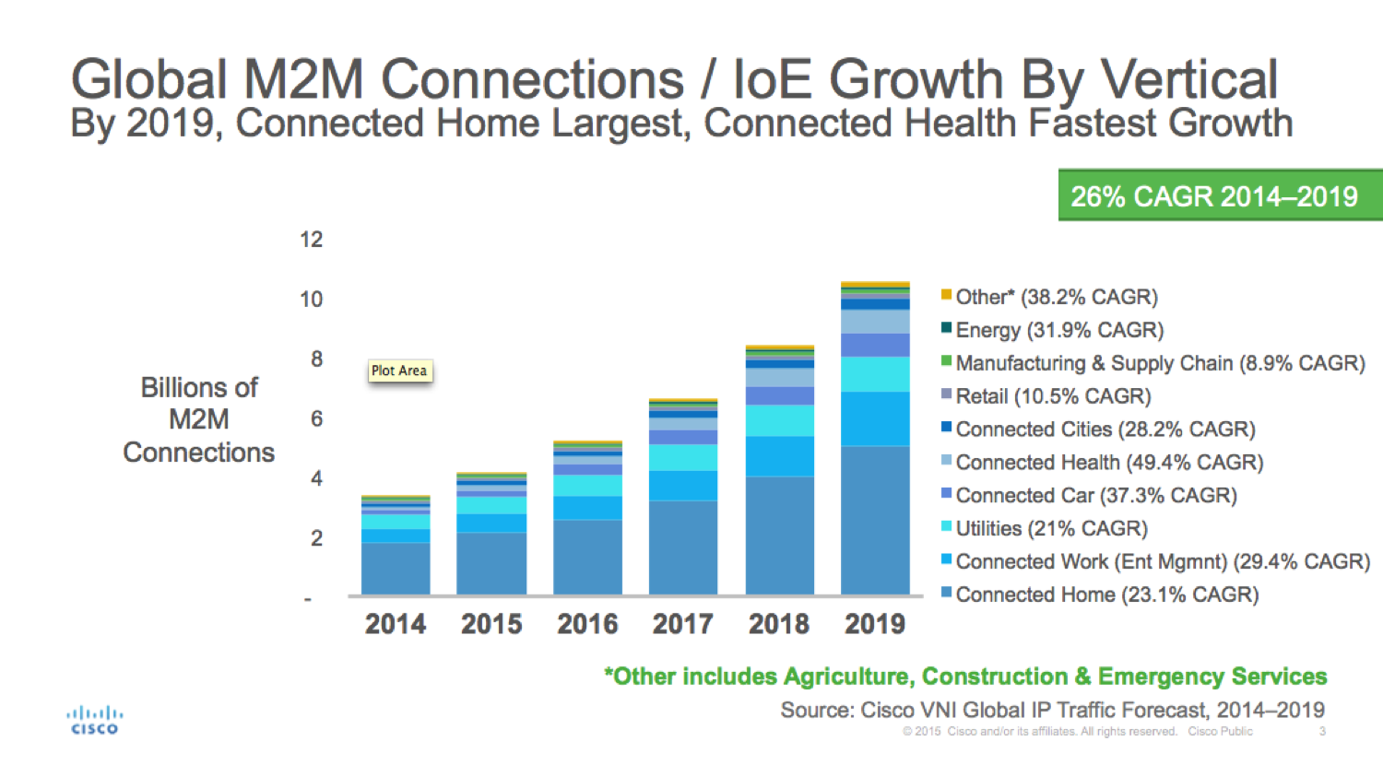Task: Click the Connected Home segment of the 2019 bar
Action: coord(875,520)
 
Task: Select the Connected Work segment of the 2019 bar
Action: coord(875,418)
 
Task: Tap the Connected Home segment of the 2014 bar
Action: coord(396,568)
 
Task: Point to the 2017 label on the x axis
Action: coord(682,624)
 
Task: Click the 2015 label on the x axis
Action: coord(491,624)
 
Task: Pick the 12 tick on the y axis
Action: coord(312,240)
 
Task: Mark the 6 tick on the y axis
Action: coord(316,418)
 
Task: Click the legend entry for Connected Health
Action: coord(1108,462)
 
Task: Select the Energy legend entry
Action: coord(1058,330)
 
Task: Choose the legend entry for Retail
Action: coord(1053,396)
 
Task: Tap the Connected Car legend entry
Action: coord(1095,495)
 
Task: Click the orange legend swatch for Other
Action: coord(946,295)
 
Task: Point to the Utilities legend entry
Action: coord(1051,528)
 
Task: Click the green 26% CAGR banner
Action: coord(1219,195)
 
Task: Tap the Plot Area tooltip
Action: coord(399,371)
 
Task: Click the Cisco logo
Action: coord(94,720)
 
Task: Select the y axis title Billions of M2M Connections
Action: coord(199,419)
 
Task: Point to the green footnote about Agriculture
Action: coord(965,677)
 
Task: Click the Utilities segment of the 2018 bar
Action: coord(779,420)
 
